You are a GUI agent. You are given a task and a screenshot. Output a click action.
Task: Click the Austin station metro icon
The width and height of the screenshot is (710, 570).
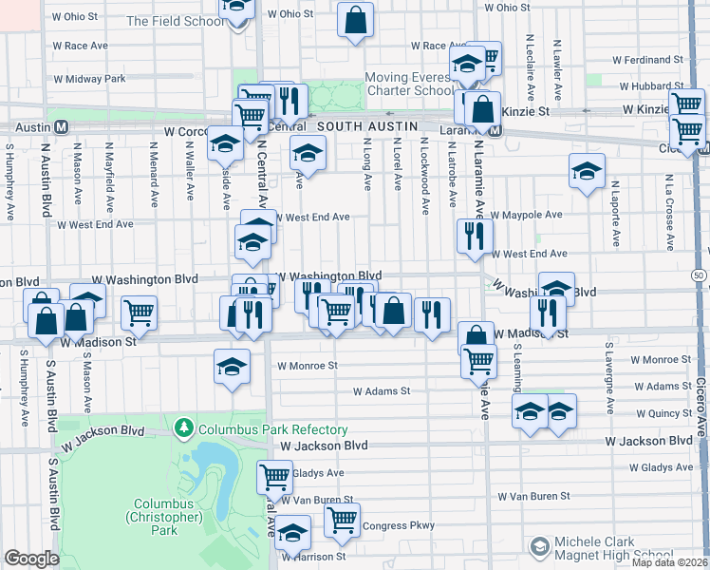click(62, 126)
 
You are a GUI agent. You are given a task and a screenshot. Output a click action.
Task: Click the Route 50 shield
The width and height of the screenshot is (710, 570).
click(700, 275)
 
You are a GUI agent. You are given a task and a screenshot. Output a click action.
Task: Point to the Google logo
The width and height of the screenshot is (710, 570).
click(31, 559)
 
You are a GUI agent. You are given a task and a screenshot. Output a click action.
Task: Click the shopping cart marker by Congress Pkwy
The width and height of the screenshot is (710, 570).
click(342, 519)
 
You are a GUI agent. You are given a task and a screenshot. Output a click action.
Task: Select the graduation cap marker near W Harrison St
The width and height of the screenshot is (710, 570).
click(293, 534)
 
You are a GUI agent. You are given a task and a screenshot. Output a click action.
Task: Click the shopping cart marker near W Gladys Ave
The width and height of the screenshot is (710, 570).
click(275, 475)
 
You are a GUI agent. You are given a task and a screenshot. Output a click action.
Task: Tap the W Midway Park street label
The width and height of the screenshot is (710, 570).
click(90, 79)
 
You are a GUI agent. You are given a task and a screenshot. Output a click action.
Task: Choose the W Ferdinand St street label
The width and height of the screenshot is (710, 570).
click(648, 60)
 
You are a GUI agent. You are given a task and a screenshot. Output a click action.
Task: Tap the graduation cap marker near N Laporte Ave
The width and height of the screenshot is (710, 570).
click(588, 171)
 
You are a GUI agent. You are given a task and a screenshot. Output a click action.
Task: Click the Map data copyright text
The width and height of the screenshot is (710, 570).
click(670, 562)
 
